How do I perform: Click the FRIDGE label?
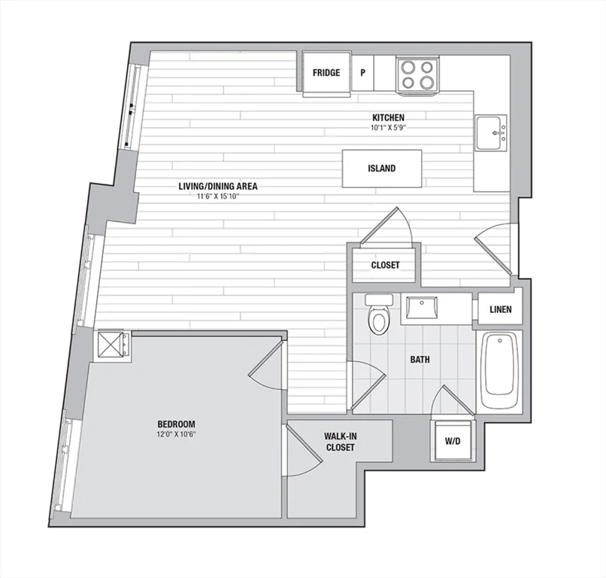326,73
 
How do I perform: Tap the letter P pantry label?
363,73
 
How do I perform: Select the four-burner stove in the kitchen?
417,75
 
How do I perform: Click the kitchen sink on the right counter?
491,132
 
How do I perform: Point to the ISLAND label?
381,169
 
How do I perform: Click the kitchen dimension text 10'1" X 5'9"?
388,127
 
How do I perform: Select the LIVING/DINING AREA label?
218,186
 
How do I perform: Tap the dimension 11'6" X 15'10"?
218,196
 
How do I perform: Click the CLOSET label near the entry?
385,265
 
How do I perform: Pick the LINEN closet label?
501,309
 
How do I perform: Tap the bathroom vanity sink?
420,309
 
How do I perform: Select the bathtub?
499,370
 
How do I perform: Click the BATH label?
420,360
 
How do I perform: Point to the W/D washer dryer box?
453,441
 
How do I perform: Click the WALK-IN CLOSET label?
340,442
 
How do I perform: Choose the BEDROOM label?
176,424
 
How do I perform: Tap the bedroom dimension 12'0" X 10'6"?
176,434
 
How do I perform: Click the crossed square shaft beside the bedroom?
112,345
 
